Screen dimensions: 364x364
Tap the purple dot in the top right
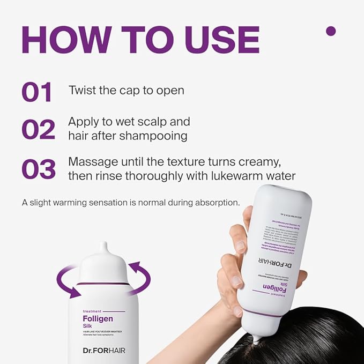point(331,31)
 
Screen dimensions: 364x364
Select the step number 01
point(37,92)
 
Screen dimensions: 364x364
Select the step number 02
point(38,130)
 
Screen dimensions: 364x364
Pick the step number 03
point(39,169)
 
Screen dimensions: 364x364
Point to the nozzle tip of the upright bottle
point(103,247)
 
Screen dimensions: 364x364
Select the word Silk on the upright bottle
point(89,326)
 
